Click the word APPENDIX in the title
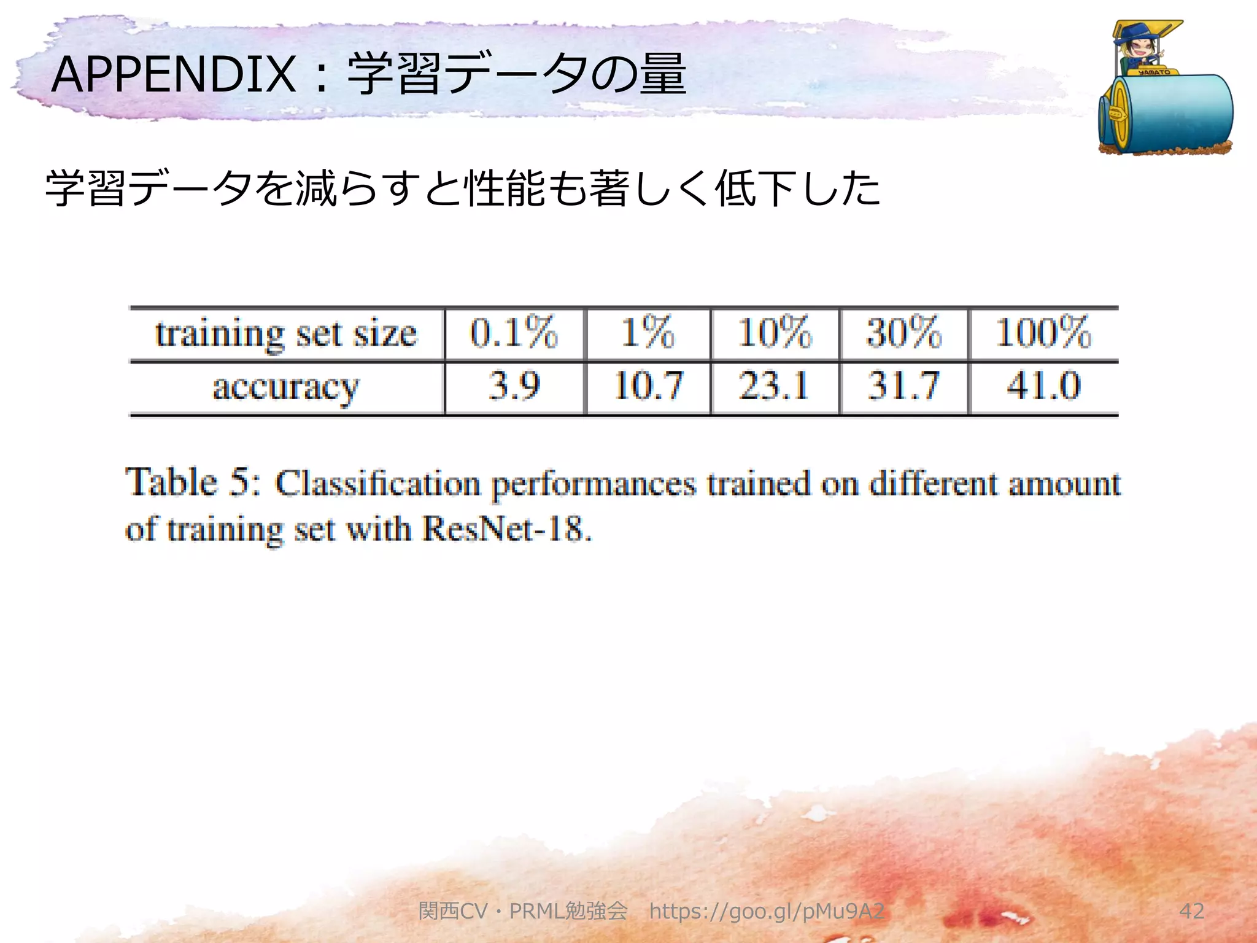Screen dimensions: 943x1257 (x=174, y=75)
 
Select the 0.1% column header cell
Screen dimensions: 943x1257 (x=514, y=333)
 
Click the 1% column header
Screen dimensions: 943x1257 (x=648, y=333)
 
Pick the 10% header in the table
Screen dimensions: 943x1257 (x=775, y=333)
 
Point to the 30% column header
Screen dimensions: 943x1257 (x=903, y=333)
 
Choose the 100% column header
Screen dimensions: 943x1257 (x=1043, y=333)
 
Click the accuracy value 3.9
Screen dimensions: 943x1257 (x=514, y=386)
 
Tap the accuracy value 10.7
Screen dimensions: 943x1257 (x=648, y=386)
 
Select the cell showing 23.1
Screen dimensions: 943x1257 (x=775, y=386)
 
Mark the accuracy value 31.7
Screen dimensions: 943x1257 (x=903, y=386)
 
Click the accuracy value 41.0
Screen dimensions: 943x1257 (x=1043, y=386)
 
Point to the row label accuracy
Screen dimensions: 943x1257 (x=286, y=387)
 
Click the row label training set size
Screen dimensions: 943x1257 (x=286, y=334)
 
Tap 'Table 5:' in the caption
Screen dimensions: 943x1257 (x=193, y=482)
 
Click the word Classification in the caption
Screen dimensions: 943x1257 (x=377, y=483)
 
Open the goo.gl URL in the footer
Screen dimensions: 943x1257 (x=767, y=911)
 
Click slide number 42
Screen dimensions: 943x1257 (x=1191, y=911)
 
